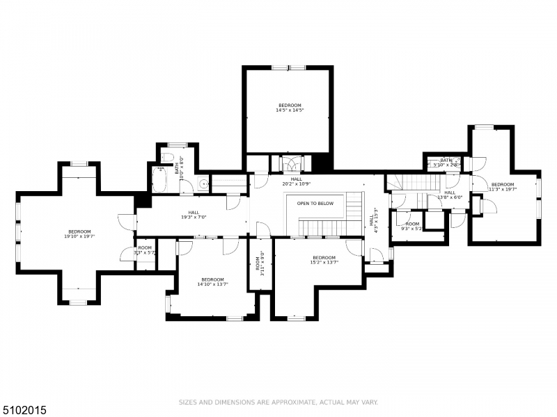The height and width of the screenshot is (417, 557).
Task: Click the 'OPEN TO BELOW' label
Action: (x=315, y=204)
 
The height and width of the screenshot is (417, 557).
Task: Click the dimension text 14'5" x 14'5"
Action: (x=290, y=110)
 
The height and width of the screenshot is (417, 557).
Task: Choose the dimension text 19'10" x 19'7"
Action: (x=79, y=236)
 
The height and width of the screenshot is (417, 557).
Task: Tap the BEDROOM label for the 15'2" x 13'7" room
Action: (x=324, y=257)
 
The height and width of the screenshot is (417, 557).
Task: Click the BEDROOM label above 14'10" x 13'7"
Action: (x=212, y=279)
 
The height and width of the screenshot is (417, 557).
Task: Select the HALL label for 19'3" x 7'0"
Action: (x=194, y=212)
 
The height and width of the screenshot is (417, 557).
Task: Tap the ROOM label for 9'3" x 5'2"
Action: (x=412, y=223)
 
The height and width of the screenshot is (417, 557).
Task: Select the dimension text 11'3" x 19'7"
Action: (x=503, y=189)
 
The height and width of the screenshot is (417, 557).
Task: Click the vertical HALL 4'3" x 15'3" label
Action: (x=374, y=220)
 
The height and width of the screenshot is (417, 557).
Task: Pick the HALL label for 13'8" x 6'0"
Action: (x=450, y=193)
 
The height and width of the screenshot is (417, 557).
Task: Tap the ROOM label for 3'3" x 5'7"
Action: (x=145, y=247)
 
